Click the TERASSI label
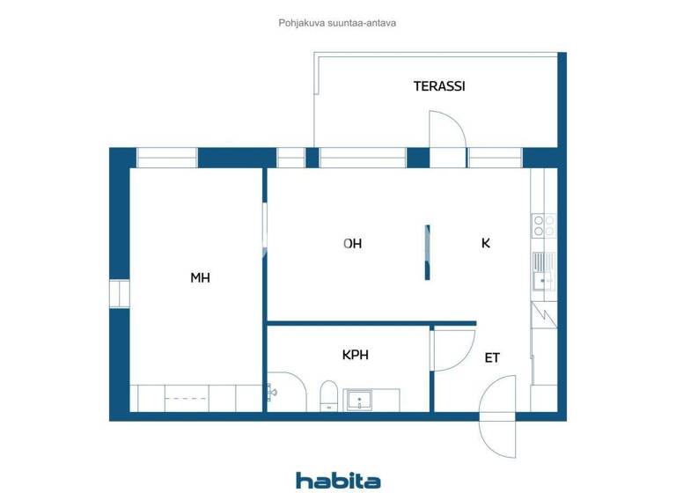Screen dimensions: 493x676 [439, 86]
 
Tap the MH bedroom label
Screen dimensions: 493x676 [200, 277]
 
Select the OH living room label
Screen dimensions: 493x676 [353, 244]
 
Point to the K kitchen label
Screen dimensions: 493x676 [485, 244]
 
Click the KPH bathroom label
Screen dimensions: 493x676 [355, 356]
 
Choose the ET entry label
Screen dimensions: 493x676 [492, 358]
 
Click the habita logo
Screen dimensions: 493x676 [338, 480]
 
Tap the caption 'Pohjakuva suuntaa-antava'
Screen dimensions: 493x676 [337, 23]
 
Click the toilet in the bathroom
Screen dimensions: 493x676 [328, 395]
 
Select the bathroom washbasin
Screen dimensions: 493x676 [359, 401]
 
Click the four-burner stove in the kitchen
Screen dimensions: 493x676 [543, 225]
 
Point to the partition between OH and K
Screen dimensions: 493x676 [427, 253]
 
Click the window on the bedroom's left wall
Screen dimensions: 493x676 [119, 293]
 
